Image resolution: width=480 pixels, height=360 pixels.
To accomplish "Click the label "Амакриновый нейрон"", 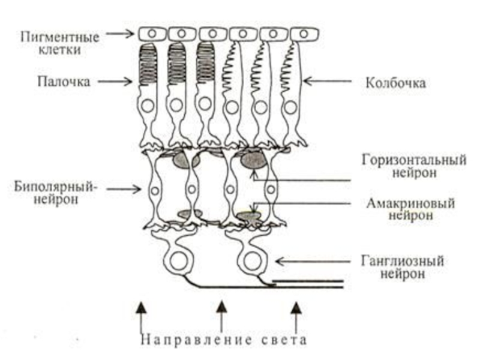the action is (410, 209).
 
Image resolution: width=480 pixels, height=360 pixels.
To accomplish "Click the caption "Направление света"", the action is (224, 340).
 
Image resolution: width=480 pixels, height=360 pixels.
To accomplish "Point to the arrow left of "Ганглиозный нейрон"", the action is (311, 262).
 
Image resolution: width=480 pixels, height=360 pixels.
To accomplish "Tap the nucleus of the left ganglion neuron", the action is (179, 262).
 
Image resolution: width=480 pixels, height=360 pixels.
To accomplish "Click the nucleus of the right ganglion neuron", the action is (250, 262).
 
